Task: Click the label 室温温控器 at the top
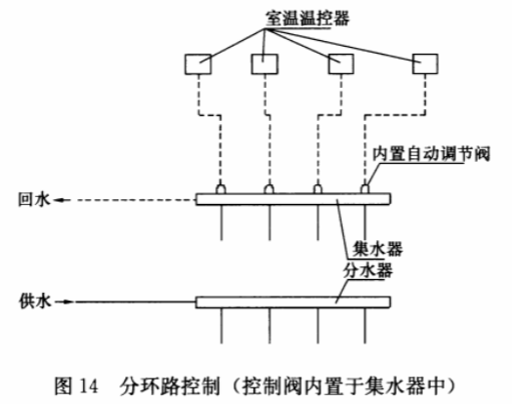click(307, 19)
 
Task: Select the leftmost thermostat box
click(198, 64)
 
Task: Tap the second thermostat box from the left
click(265, 64)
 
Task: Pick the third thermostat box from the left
click(341, 64)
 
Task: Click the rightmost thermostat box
click(425, 64)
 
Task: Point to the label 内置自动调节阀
click(431, 154)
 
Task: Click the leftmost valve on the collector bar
click(221, 188)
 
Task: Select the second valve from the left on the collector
click(269, 188)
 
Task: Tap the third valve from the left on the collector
click(318, 188)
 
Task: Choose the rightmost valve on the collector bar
click(364, 188)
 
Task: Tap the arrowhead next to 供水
click(67, 302)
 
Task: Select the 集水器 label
click(377, 250)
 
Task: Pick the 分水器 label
click(367, 270)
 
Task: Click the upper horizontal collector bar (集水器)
click(293, 199)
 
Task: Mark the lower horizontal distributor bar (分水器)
click(293, 302)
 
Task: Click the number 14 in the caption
click(89, 386)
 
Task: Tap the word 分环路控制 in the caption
click(169, 386)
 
